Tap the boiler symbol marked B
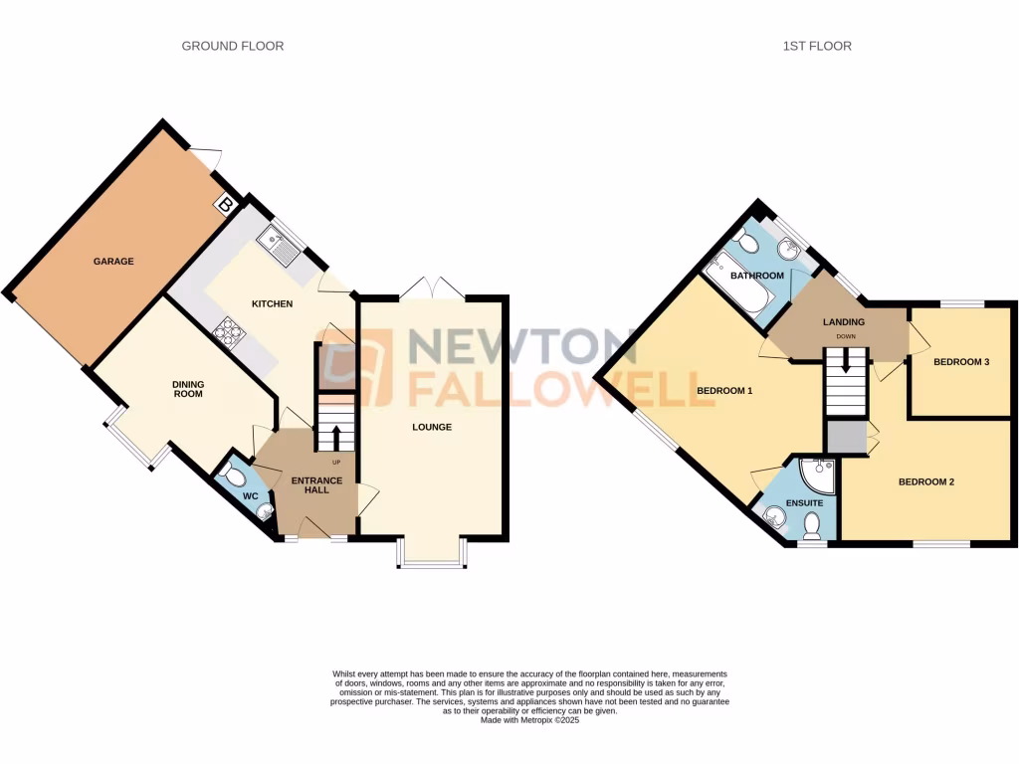[x=225, y=206]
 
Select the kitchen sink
[x=278, y=244]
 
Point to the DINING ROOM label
[x=187, y=388]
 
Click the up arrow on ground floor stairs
[x=334, y=436]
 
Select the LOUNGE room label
[x=432, y=428]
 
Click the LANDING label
[x=843, y=322]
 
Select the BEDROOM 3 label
[x=960, y=362]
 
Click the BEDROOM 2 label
[x=926, y=482]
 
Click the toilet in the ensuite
[x=811, y=524]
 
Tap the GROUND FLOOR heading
[x=232, y=46]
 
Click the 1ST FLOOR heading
[x=818, y=46]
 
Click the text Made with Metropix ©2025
[x=529, y=719]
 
